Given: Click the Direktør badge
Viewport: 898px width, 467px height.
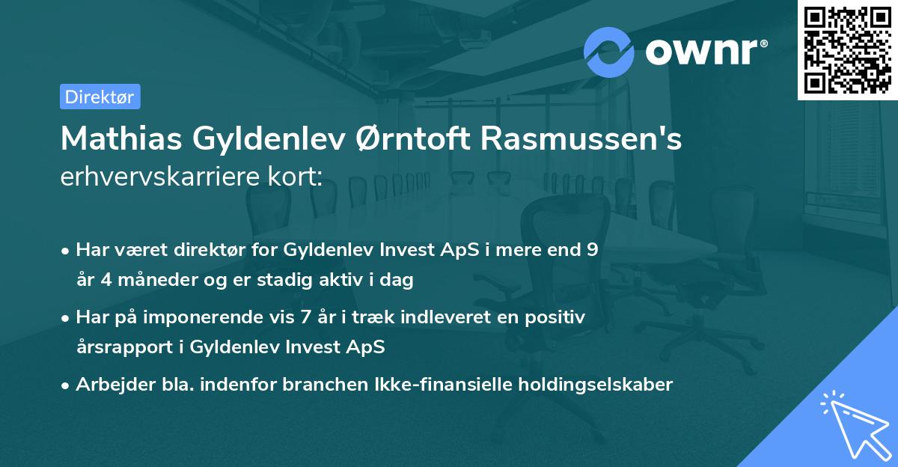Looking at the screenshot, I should (100, 97).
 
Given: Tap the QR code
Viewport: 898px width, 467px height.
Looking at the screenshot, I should (847, 49).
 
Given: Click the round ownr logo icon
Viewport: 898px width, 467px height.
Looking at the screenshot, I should (609, 52).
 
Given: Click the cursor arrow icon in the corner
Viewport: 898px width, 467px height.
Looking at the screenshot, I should (852, 422).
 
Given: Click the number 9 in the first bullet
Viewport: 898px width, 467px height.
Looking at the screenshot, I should (592, 250).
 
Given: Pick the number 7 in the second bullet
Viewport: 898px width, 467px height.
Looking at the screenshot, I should (307, 317).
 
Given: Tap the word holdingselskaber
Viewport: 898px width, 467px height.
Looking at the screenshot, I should (589, 385).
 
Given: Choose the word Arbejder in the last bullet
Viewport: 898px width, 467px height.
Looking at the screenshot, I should (108, 385).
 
